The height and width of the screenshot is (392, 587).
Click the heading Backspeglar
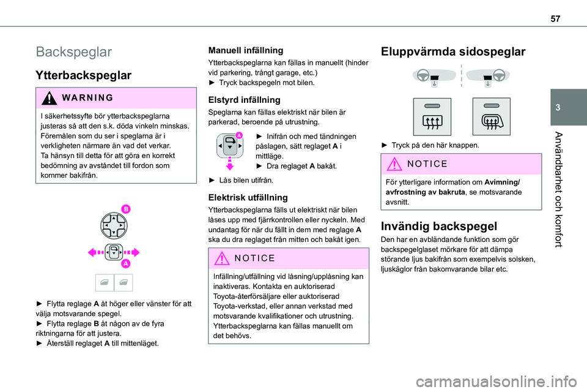(74, 51)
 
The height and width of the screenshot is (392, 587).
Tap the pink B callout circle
(125, 210)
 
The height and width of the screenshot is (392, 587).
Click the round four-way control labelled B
(114, 225)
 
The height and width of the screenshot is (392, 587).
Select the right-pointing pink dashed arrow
(131, 252)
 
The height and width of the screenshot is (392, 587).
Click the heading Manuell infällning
(246, 50)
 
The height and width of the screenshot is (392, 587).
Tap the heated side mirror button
(432, 116)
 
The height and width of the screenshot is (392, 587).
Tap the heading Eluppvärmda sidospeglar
(453, 52)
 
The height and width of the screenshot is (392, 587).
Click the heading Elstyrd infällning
(245, 99)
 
